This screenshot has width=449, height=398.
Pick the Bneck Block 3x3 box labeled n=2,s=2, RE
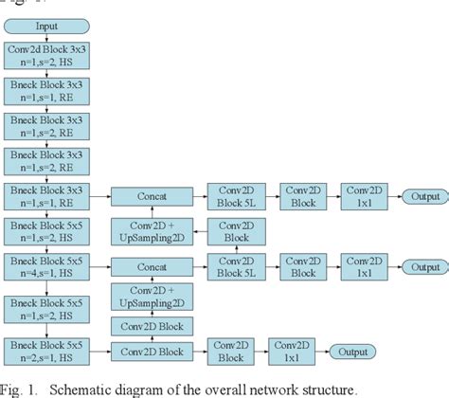click(x=47, y=126)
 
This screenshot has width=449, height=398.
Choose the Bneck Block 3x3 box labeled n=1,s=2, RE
click(x=47, y=160)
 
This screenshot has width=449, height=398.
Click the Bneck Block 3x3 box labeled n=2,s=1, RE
click(x=47, y=196)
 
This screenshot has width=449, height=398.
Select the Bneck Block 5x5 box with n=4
click(x=47, y=264)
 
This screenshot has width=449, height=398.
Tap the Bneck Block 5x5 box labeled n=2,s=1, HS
click(x=47, y=350)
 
